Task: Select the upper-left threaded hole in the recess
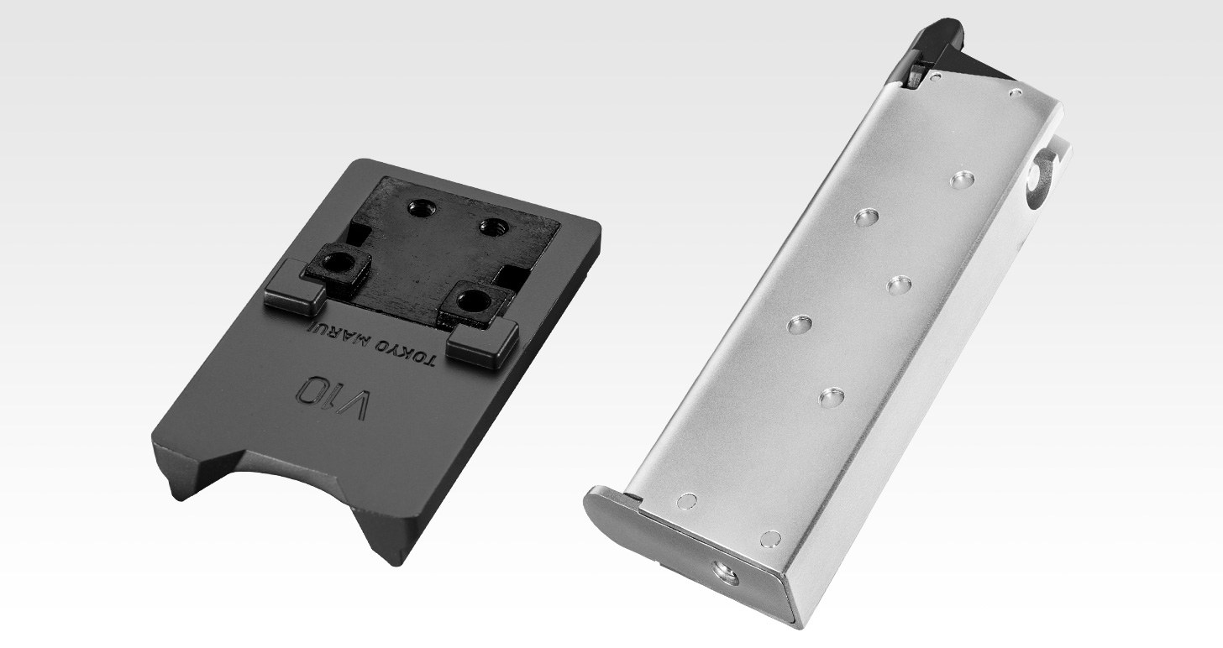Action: point(419,206)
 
